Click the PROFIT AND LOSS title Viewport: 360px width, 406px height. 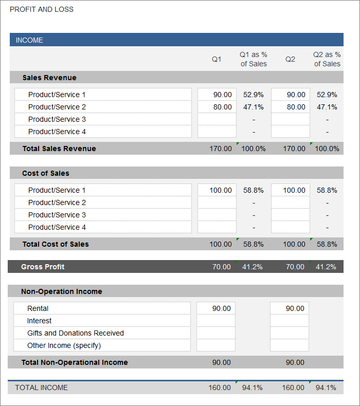point(42,9)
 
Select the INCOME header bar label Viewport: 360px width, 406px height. point(29,40)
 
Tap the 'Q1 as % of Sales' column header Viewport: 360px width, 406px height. point(254,59)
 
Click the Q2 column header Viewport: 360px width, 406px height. point(290,59)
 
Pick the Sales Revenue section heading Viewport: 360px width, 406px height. point(49,78)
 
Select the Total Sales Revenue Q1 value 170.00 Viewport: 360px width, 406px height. point(221,149)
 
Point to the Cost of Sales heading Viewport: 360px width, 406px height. point(46,173)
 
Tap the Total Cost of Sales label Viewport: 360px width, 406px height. point(56,244)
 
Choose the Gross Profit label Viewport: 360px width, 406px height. point(43,267)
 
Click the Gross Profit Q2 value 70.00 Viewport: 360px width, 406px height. point(295,267)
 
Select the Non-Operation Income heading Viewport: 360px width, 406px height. point(62,291)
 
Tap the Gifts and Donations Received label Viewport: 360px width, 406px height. point(76,333)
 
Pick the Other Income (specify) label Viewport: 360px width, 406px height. point(64,345)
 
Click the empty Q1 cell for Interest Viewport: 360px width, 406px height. point(216,321)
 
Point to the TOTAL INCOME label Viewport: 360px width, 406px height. point(42,387)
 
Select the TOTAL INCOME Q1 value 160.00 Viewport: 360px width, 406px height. point(220,387)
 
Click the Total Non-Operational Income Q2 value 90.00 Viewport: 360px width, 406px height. point(295,362)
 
